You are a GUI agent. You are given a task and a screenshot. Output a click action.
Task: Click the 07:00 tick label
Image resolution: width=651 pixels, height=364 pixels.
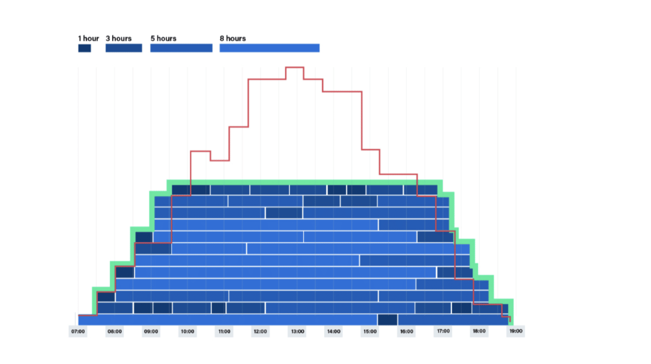pyautogui.click(x=78, y=332)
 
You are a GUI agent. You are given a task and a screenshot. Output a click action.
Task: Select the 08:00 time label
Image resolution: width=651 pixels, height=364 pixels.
pyautogui.click(x=115, y=332)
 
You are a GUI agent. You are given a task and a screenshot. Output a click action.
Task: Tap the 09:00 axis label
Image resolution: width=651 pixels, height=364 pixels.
pyautogui.click(x=151, y=332)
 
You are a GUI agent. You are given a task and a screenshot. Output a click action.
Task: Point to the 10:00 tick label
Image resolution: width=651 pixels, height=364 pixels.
pyautogui.click(x=187, y=332)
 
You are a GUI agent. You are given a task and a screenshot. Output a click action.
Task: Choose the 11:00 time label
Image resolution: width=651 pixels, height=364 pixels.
pyautogui.click(x=224, y=332)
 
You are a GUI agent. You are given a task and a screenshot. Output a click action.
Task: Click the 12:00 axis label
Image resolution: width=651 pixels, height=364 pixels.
pyautogui.click(x=260, y=332)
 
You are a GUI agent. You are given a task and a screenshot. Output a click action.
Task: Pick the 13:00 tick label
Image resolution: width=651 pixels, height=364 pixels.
pyautogui.click(x=297, y=332)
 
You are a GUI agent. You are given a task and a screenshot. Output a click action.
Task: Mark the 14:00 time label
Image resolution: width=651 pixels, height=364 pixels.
pyautogui.click(x=334, y=332)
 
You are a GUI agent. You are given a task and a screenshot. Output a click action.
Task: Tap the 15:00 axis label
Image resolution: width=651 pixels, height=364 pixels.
pyautogui.click(x=370, y=332)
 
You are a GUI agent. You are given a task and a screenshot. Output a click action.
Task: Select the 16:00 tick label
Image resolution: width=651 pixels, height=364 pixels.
pyautogui.click(x=406, y=332)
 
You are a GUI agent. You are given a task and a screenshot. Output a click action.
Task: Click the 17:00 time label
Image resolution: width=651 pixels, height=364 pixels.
pyautogui.click(x=443, y=332)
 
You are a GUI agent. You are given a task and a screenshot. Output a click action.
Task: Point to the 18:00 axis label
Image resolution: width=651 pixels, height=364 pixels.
pyautogui.click(x=479, y=332)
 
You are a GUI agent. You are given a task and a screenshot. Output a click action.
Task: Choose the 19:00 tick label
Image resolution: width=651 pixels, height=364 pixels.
pyautogui.click(x=516, y=332)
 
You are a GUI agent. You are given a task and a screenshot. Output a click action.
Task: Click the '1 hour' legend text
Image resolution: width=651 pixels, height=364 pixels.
pyautogui.click(x=88, y=38)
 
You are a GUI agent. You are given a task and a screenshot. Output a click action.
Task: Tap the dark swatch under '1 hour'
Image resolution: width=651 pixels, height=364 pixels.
pyautogui.click(x=84, y=48)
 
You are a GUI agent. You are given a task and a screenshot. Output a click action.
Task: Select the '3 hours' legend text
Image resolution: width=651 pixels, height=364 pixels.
pyautogui.click(x=118, y=38)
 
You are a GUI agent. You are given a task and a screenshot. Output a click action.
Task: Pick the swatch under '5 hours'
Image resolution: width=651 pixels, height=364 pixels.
pyautogui.click(x=181, y=48)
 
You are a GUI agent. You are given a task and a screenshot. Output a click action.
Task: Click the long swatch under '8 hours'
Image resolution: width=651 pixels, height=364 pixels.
pyautogui.click(x=270, y=48)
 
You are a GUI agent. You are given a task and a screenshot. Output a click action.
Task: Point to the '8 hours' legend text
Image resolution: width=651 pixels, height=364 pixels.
pyautogui.click(x=233, y=38)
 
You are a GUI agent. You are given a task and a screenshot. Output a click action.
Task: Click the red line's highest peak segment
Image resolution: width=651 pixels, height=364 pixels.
pyautogui.click(x=295, y=67)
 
